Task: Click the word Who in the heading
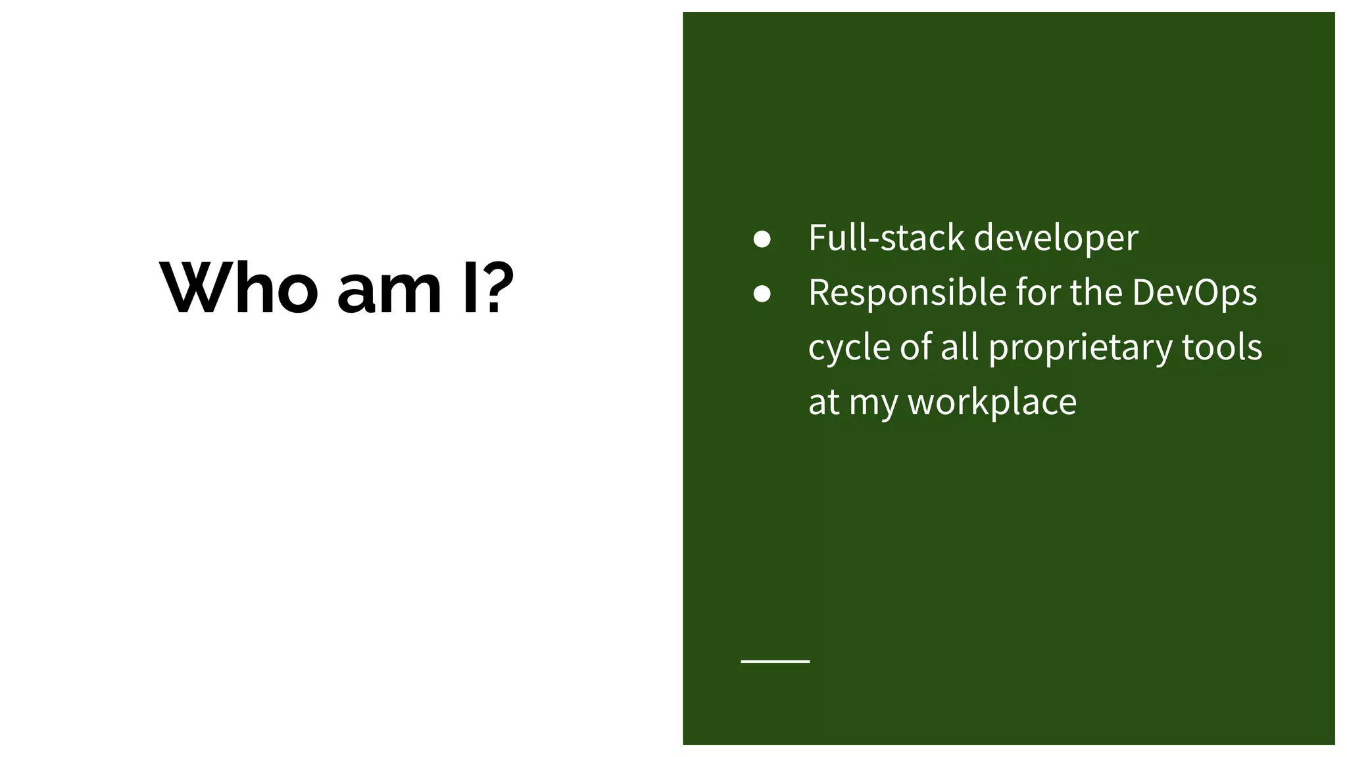click(239, 288)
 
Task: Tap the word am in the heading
click(389, 290)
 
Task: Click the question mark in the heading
click(499, 288)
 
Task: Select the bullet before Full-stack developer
click(762, 239)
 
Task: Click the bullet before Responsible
click(762, 294)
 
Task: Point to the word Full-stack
click(886, 237)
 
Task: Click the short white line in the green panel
click(775, 661)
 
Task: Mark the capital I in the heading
click(470, 288)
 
